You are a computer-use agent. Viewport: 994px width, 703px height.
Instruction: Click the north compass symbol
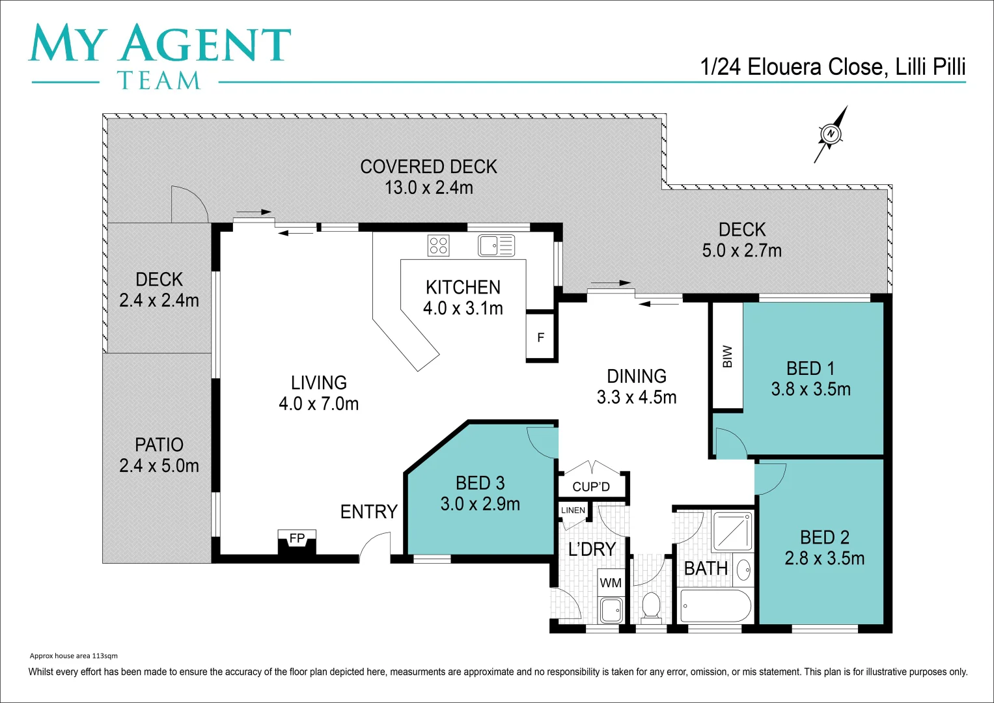(831, 134)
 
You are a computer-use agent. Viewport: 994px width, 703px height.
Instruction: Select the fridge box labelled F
(541, 337)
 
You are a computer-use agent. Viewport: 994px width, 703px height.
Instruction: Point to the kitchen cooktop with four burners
(438, 245)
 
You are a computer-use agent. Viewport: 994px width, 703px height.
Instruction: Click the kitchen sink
(496, 245)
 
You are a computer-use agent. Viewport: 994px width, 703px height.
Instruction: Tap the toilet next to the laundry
(650, 605)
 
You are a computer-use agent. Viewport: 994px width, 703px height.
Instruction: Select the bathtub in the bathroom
(714, 606)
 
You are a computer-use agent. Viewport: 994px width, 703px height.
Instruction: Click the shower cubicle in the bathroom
(733, 531)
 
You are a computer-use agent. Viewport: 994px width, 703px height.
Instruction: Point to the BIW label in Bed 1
(727, 356)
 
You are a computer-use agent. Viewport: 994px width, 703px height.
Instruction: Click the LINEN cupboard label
(573, 510)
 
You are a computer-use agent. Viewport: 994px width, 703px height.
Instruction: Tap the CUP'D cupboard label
(591, 487)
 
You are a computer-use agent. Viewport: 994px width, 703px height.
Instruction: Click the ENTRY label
(368, 512)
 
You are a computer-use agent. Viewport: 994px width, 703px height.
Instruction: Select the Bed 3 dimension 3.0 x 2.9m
(480, 504)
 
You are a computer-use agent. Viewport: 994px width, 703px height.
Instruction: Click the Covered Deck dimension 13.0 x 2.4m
(428, 187)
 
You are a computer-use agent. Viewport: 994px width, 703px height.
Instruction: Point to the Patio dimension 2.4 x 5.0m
(159, 465)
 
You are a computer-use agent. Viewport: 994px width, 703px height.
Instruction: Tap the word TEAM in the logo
(159, 81)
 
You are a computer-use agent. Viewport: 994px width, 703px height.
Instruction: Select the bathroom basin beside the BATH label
(743, 571)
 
